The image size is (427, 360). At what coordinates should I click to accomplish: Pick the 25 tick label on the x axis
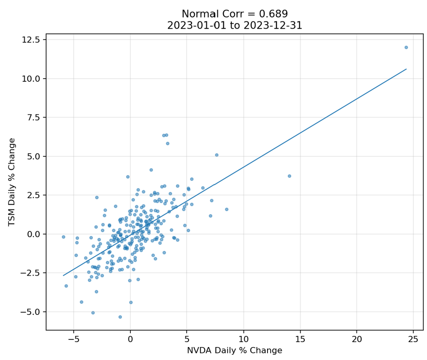[413, 338]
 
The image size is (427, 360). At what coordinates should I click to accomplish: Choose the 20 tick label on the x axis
[356, 338]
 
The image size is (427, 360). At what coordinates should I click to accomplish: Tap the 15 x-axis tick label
[300, 338]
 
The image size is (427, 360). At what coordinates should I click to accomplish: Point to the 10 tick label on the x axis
[243, 338]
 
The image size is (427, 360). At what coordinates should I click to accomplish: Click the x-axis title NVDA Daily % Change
[234, 351]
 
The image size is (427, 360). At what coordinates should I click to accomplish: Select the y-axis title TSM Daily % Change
[12, 182]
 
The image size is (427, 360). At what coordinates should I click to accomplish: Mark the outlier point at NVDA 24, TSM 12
[406, 47]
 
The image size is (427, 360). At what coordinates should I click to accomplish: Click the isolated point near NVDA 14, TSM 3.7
[289, 176]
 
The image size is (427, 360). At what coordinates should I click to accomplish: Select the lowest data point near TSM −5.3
[120, 317]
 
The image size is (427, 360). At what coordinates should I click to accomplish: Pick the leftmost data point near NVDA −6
[63, 237]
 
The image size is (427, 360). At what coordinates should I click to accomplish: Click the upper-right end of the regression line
[406, 69]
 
